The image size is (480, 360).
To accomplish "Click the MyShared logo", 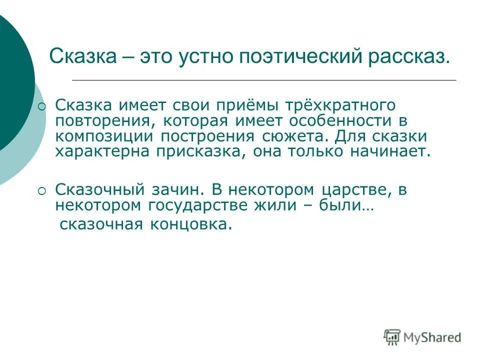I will (x=422, y=337).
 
